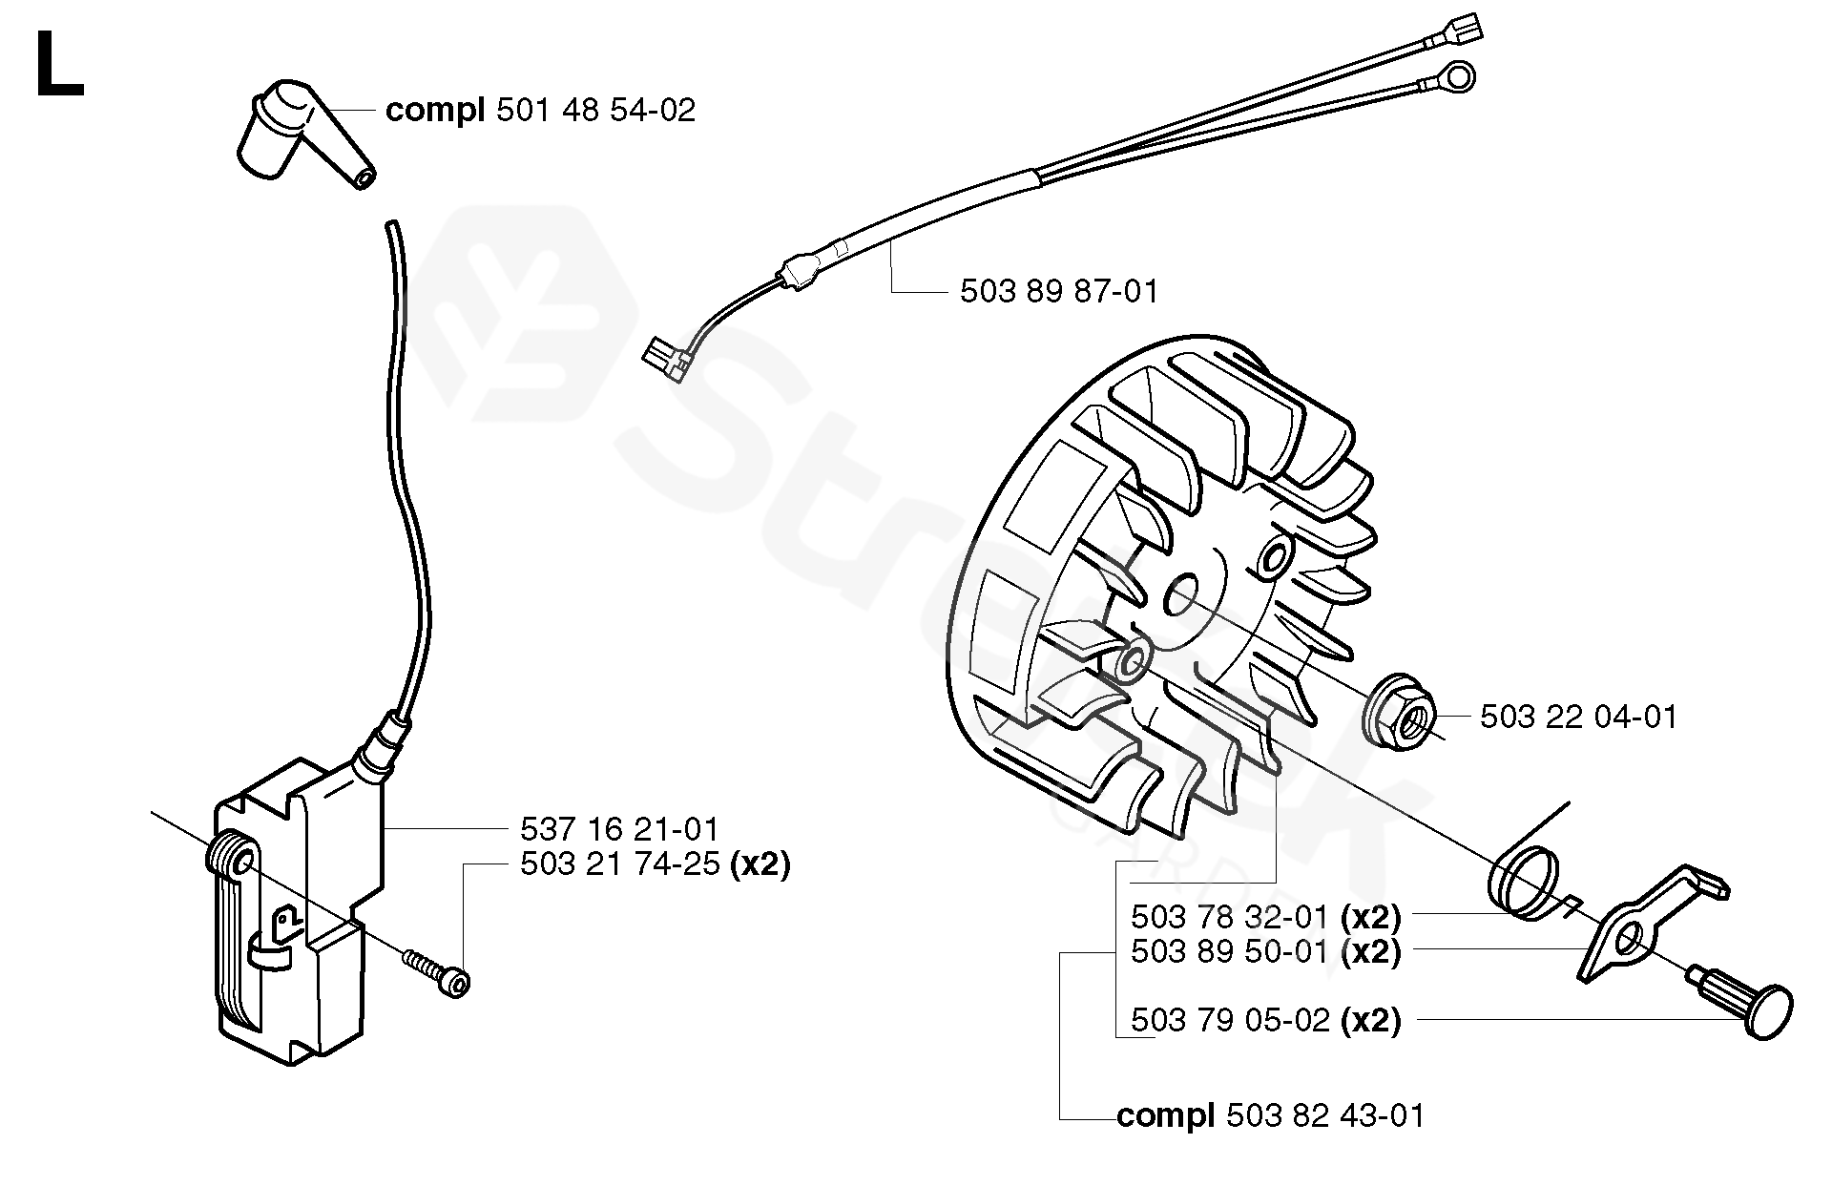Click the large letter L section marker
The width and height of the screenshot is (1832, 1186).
pos(58,64)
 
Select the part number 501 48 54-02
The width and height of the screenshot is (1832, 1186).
pos(595,111)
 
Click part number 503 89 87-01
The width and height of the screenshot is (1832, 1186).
pos(1059,291)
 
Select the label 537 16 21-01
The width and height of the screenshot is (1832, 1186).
pos(619,828)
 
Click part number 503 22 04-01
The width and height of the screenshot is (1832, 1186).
pos(1578,717)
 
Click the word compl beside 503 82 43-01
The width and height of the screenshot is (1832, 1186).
pos(1164,1115)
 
